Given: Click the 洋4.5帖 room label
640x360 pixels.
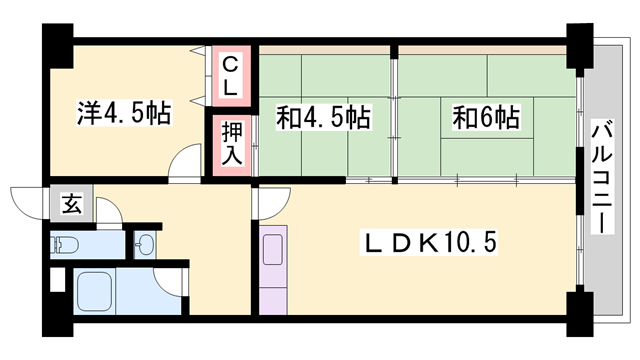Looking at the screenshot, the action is click(x=123, y=114).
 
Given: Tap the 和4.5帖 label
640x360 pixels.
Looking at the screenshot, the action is click(x=323, y=118).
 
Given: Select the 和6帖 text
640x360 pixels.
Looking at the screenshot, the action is click(x=486, y=118).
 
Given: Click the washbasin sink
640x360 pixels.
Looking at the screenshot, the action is click(x=145, y=243).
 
